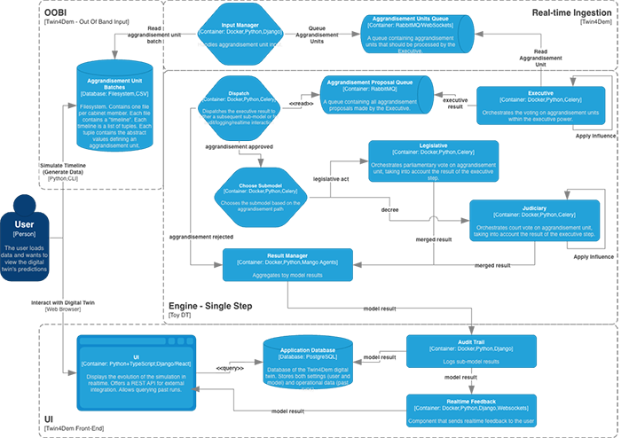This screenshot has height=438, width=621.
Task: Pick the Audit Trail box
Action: [x=469, y=350]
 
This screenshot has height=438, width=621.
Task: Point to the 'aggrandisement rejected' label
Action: [x=201, y=239]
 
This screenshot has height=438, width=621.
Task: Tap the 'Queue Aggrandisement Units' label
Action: [x=329, y=33]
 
